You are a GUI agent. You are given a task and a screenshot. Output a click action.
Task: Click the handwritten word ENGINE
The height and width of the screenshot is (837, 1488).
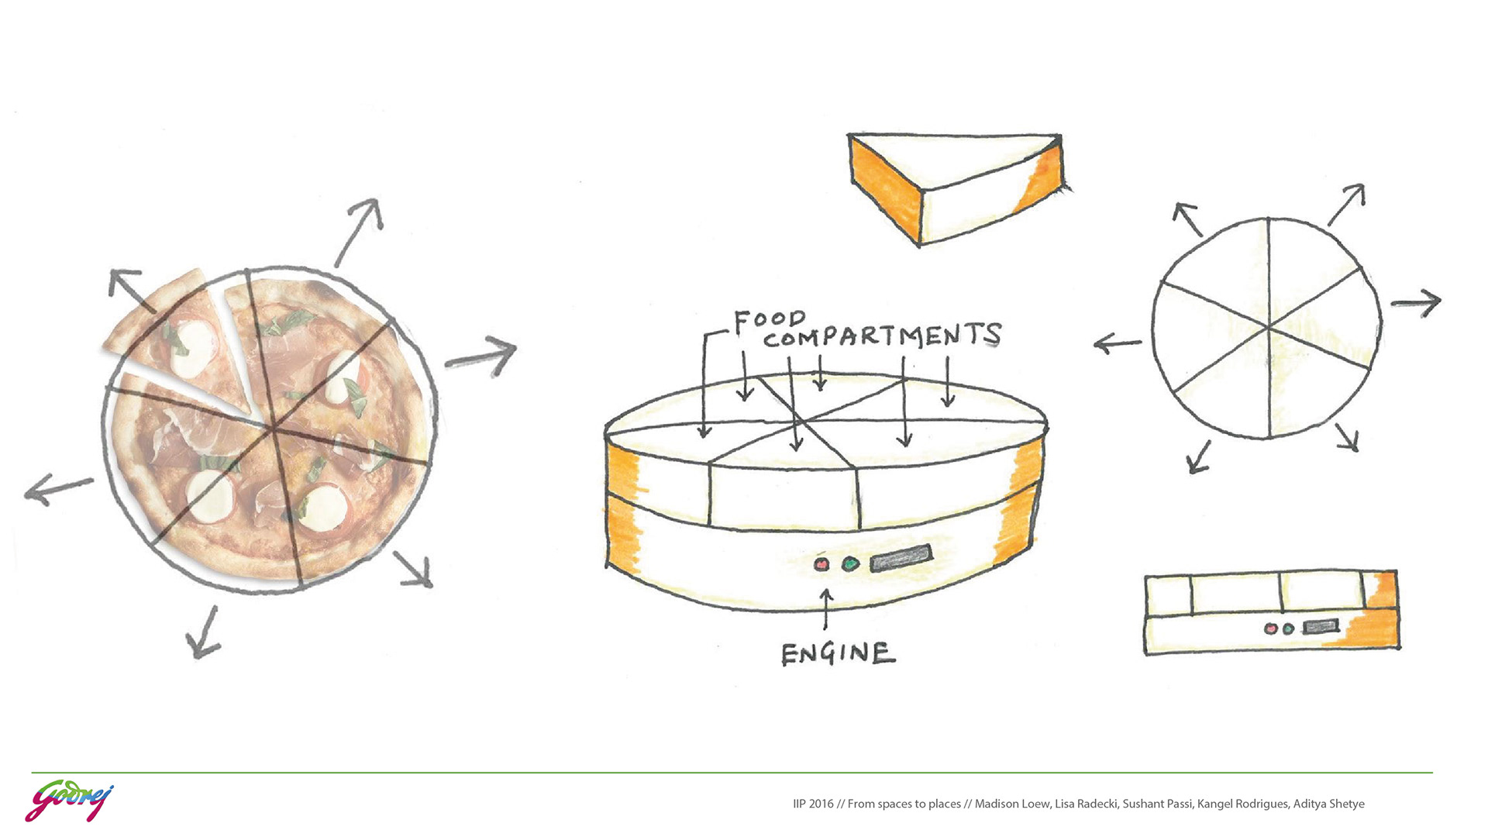(837, 653)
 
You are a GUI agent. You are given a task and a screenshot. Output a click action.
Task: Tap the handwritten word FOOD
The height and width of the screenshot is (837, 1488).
(769, 320)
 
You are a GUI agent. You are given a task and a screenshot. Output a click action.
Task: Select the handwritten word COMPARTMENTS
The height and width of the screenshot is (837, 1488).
(882, 336)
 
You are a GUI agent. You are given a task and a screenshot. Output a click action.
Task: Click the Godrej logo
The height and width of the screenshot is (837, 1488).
(69, 801)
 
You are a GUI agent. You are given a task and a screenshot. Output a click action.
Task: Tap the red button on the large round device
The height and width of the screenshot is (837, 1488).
(821, 564)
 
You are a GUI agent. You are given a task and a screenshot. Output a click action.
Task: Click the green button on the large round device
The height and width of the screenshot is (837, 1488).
(850, 563)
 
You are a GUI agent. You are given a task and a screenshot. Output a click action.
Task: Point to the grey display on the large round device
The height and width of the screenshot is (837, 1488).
(901, 558)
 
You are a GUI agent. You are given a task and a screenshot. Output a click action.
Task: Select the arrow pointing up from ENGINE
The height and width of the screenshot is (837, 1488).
(826, 608)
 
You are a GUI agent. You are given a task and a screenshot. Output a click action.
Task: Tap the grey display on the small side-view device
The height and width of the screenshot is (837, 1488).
(1321, 626)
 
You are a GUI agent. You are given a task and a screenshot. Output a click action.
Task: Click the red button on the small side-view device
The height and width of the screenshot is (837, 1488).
(1269, 629)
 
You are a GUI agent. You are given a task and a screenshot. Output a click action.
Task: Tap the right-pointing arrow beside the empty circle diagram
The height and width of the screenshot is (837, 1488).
(1416, 302)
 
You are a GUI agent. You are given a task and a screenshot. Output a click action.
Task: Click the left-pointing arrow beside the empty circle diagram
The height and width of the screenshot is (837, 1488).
(1117, 343)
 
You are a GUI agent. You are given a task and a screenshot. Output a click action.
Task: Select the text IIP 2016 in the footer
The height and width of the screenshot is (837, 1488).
(813, 804)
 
